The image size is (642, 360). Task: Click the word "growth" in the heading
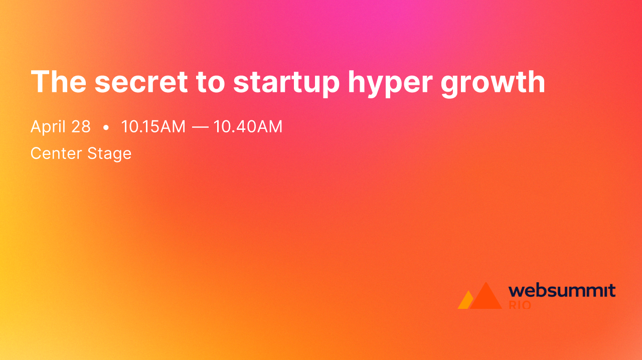493,83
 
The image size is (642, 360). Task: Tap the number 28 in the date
81,127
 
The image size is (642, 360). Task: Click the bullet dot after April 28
106,128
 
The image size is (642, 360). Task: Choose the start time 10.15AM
153,127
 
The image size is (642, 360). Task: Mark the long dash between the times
200,127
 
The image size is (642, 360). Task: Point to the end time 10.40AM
248,127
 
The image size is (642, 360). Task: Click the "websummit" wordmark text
562,291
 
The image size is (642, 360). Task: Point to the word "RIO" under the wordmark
520,305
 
